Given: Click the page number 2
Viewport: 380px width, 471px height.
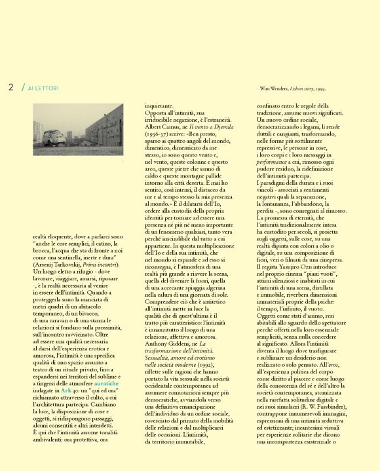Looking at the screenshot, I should pyautogui.click(x=11, y=86).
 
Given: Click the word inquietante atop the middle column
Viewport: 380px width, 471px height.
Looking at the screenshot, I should pyautogui.click(x=159, y=104).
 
